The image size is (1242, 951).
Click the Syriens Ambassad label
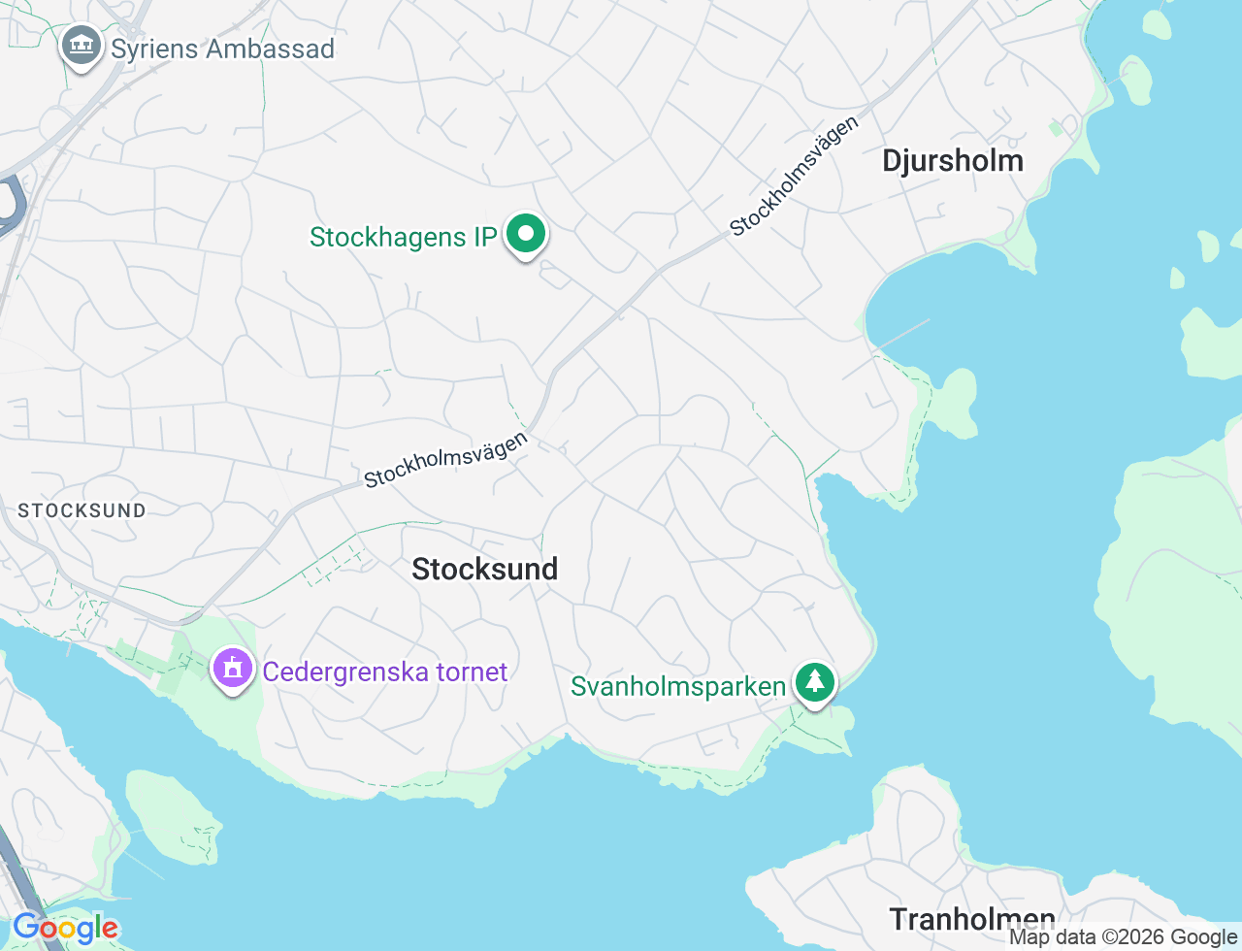222,49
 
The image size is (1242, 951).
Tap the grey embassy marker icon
82,46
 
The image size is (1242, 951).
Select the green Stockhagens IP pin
526,234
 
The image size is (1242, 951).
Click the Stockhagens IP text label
403,237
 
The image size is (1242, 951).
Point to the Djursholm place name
952,161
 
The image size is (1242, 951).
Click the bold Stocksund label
484,569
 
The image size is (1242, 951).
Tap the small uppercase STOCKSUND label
82,510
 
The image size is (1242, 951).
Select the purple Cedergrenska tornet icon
232,669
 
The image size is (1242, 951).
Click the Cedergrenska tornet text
385,672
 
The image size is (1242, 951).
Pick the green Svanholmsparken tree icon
815,683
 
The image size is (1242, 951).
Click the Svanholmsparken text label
678,686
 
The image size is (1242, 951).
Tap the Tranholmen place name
971,918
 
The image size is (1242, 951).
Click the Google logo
65,929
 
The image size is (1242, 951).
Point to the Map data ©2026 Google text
1123,937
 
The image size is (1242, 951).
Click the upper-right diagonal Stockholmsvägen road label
795,177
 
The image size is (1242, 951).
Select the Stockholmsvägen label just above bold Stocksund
446,459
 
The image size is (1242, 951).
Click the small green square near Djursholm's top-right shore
1056,128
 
